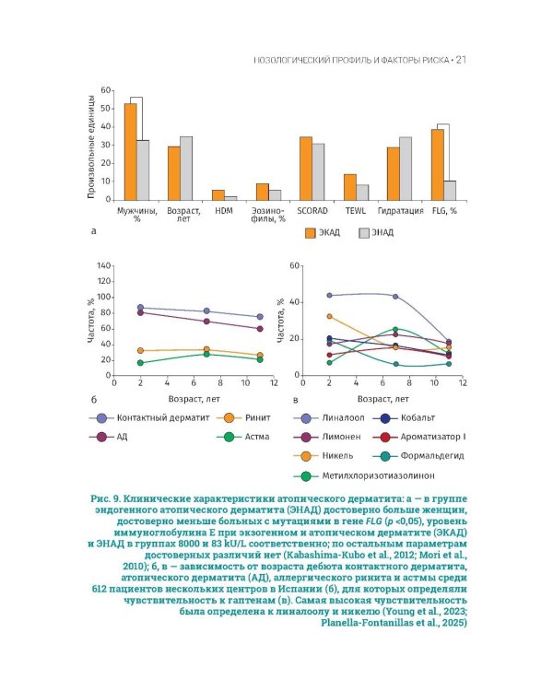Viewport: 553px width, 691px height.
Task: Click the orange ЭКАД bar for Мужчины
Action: (131, 151)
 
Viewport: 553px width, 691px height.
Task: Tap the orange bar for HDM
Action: (218, 194)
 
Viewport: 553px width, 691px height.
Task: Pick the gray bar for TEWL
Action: (362, 192)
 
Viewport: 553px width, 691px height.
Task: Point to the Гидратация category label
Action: (401, 211)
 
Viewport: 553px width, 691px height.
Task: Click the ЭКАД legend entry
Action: (323, 233)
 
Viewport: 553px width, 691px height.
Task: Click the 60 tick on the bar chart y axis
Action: (106, 90)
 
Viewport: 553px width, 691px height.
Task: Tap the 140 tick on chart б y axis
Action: (103, 266)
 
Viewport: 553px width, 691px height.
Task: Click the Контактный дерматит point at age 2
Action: (140, 308)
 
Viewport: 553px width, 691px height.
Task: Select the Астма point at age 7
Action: (206, 354)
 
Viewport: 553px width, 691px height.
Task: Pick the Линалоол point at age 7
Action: (395, 297)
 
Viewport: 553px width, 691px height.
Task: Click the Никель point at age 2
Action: (330, 317)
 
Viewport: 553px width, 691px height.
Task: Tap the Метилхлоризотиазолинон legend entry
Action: (359, 475)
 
